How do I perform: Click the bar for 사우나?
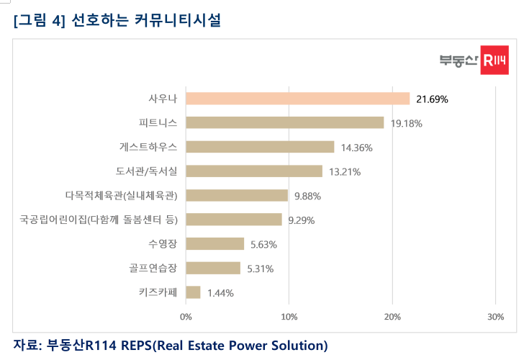(297, 99)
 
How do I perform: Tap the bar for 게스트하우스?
(260, 147)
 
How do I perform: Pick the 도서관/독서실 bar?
(254, 171)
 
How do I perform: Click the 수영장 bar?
(214, 243)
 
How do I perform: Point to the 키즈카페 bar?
(193, 292)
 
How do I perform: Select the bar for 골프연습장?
(213, 268)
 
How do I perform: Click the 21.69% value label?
(432, 99)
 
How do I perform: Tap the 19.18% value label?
(406, 123)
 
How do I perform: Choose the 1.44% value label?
(220, 292)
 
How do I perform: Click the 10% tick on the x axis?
(289, 316)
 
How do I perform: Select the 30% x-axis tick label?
(495, 316)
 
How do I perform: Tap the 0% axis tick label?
(186, 316)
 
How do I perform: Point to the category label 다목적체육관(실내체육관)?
(121, 195)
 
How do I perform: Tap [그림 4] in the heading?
(40, 21)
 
